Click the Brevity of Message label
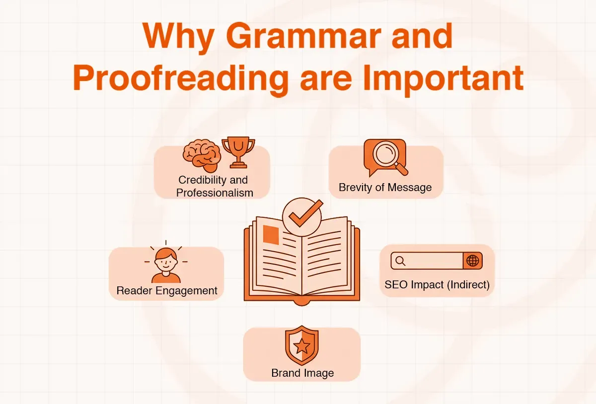pyautogui.click(x=385, y=188)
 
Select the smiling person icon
pyautogui.click(x=166, y=264)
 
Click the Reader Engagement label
pyautogui.click(x=167, y=291)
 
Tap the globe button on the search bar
pyautogui.click(x=472, y=261)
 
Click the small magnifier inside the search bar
pyautogui.click(x=400, y=261)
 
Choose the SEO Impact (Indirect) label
pyautogui.click(x=437, y=285)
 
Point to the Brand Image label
pyautogui.click(x=302, y=373)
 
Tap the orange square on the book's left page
pyautogui.click(x=271, y=235)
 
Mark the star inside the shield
pyautogui.click(x=301, y=347)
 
